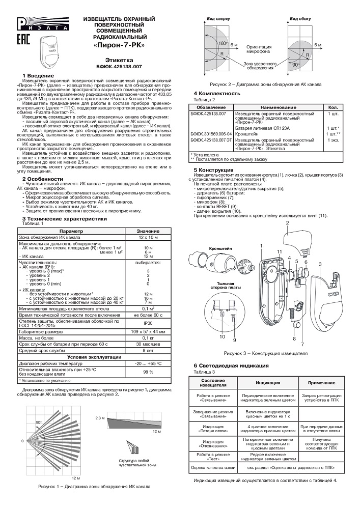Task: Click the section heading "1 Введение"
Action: coord(38,76)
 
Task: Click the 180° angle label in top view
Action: coord(222,44)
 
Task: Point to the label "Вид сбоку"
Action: coord(300,18)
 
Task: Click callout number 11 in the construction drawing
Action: coord(279,252)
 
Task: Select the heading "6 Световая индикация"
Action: coord(231,366)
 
